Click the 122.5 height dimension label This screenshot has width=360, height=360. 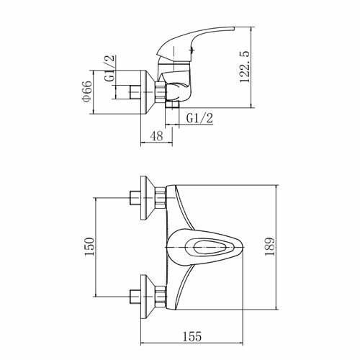click(x=245, y=67)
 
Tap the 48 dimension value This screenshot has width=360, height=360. click(x=156, y=136)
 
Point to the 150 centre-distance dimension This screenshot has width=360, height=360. click(x=89, y=247)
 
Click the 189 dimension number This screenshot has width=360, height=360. click(x=269, y=247)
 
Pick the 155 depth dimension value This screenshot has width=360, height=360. click(x=192, y=336)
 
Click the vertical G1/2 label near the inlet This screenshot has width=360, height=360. click(x=110, y=68)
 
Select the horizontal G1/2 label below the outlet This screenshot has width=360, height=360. click(x=199, y=118)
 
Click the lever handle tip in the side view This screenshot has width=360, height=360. click(x=232, y=28)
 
